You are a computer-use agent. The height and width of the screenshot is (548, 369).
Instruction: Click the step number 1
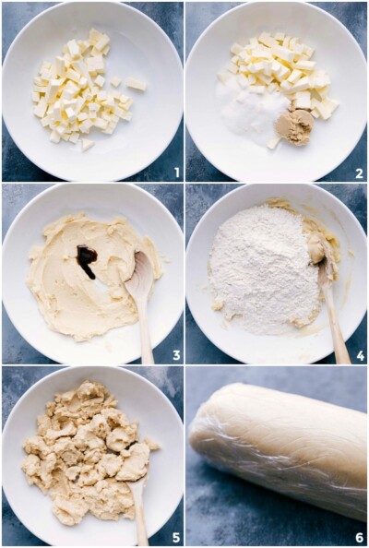[x=175, y=173]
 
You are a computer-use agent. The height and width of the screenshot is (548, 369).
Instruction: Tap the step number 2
[x=359, y=173]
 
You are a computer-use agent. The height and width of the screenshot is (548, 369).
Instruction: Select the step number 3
[x=175, y=354]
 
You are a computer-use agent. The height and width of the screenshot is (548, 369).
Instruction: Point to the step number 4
[x=359, y=354]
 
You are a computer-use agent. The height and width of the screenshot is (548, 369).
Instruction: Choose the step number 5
[x=175, y=537]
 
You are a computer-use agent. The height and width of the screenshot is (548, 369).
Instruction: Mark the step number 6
[x=359, y=537]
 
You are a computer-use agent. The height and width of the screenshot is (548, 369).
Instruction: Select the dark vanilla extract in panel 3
[x=86, y=260]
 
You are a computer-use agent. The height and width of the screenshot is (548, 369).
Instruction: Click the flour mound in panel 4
[x=262, y=268]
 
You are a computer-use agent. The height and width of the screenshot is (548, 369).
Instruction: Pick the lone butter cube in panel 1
[x=136, y=84]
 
